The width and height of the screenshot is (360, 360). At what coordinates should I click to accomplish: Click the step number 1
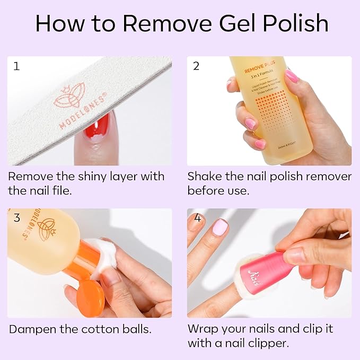16,67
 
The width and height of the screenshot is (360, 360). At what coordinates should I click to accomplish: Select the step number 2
196,67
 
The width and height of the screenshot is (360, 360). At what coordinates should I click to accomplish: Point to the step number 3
16,218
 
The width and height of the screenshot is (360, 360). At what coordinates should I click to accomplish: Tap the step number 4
197,218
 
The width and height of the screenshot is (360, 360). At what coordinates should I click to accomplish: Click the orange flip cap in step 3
90,300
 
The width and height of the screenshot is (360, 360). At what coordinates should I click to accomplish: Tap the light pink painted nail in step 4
220,228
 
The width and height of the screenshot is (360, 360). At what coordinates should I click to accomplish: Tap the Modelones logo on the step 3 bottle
40,228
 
